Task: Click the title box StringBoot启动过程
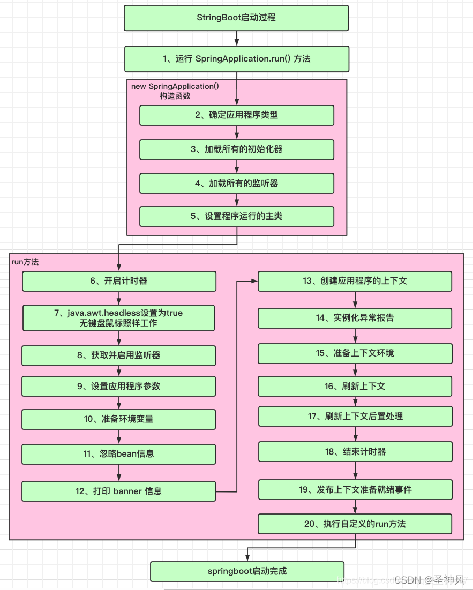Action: click(x=236, y=18)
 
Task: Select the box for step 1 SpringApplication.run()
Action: click(x=236, y=59)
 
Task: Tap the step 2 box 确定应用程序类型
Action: click(x=236, y=115)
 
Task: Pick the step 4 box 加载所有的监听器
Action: click(x=236, y=183)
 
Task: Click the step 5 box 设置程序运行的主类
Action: click(x=236, y=216)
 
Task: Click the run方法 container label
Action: click(x=25, y=262)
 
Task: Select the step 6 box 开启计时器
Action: click(x=118, y=281)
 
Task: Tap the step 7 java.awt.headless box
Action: click(x=118, y=318)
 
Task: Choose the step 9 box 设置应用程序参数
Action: click(x=118, y=386)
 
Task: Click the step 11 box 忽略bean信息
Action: click(x=118, y=453)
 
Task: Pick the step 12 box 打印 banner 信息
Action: click(x=118, y=491)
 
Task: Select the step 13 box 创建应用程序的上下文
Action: click(x=355, y=281)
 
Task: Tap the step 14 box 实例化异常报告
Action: click(x=355, y=318)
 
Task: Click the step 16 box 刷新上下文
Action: click(x=355, y=386)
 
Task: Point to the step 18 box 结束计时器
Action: click(x=355, y=451)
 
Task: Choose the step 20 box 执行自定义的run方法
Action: click(x=355, y=524)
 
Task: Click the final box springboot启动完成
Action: click(x=247, y=571)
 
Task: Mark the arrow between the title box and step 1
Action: click(x=236, y=38)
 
